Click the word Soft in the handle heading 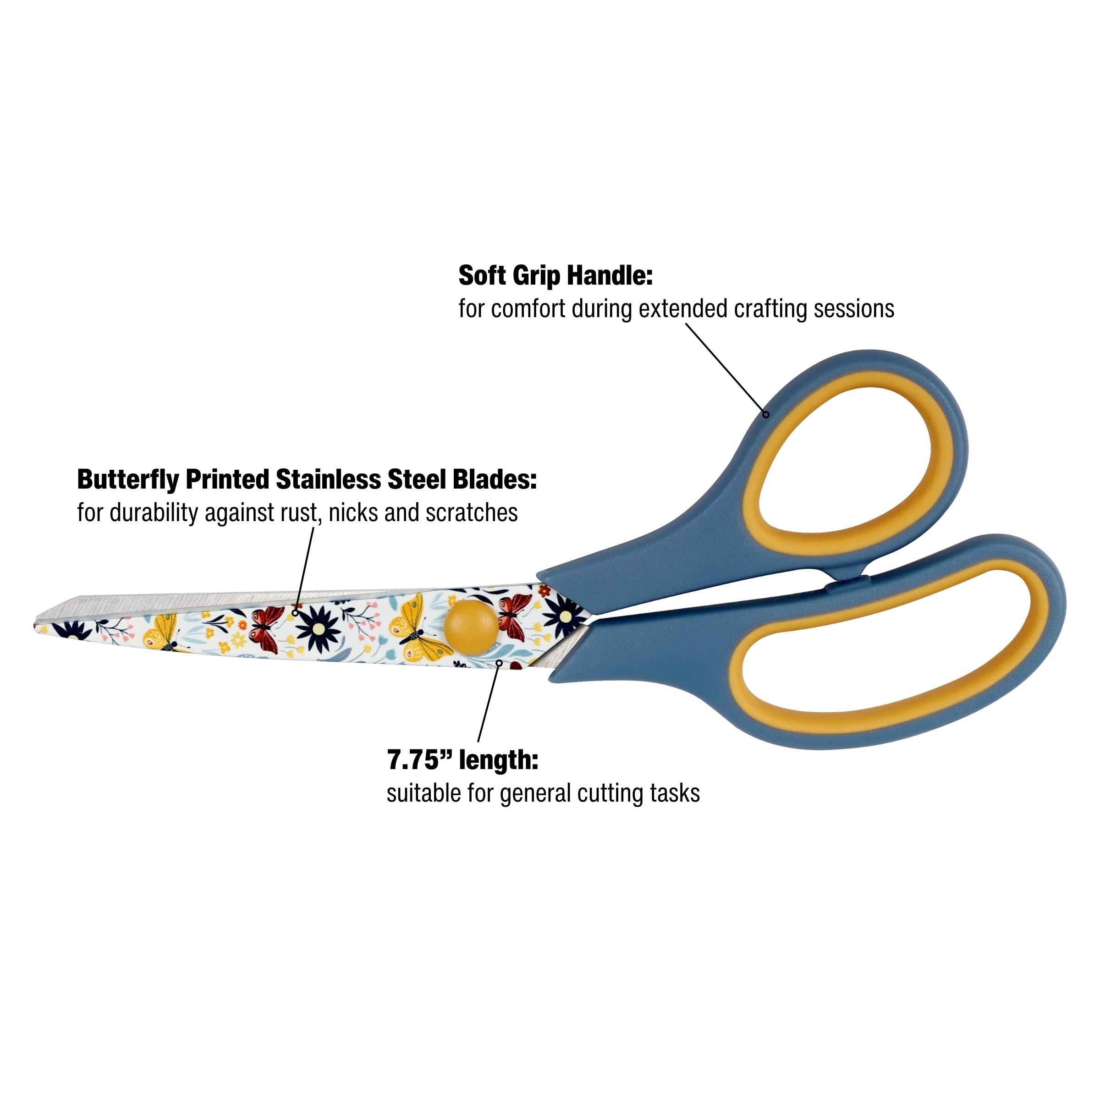(482, 275)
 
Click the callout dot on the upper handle (766, 414)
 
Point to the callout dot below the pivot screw (499, 663)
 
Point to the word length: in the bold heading (498, 759)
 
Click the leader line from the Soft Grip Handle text (726, 367)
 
